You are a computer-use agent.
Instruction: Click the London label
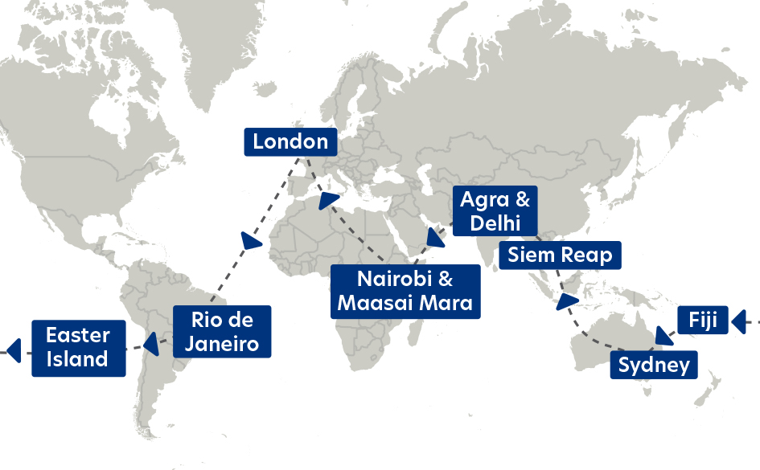[x=290, y=142]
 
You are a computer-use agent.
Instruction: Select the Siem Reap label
[x=560, y=256]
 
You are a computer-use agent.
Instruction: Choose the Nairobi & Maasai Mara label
[x=405, y=292]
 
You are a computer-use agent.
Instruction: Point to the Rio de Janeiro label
[x=221, y=332]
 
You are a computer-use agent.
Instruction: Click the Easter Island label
[x=78, y=347]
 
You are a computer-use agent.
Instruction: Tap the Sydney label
[x=654, y=366]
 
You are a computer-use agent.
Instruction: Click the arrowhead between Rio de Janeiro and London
[x=250, y=241]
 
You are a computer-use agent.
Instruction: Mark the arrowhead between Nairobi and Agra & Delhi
[x=436, y=238]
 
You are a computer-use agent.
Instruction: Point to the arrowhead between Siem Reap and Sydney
[x=568, y=304]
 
